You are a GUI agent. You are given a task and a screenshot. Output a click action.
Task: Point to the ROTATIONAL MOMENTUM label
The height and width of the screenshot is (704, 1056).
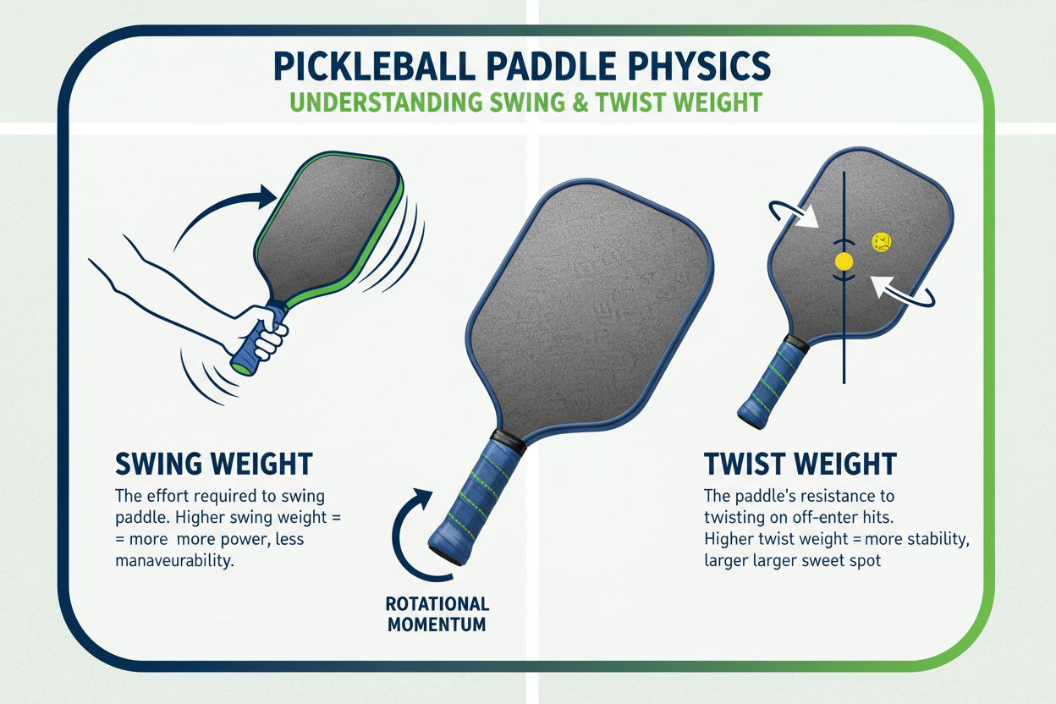click(437, 614)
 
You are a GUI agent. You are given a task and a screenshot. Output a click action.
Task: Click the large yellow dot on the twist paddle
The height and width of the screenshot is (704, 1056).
click(844, 261)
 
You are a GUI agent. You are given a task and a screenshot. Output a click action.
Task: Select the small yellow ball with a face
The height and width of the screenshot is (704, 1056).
click(882, 242)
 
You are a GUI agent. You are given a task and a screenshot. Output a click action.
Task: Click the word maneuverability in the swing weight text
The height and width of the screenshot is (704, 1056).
click(172, 561)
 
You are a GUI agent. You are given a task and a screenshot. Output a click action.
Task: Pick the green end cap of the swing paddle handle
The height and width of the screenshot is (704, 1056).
click(240, 368)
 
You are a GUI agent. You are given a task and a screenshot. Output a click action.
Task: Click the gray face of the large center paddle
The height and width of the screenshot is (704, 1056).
click(584, 313)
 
